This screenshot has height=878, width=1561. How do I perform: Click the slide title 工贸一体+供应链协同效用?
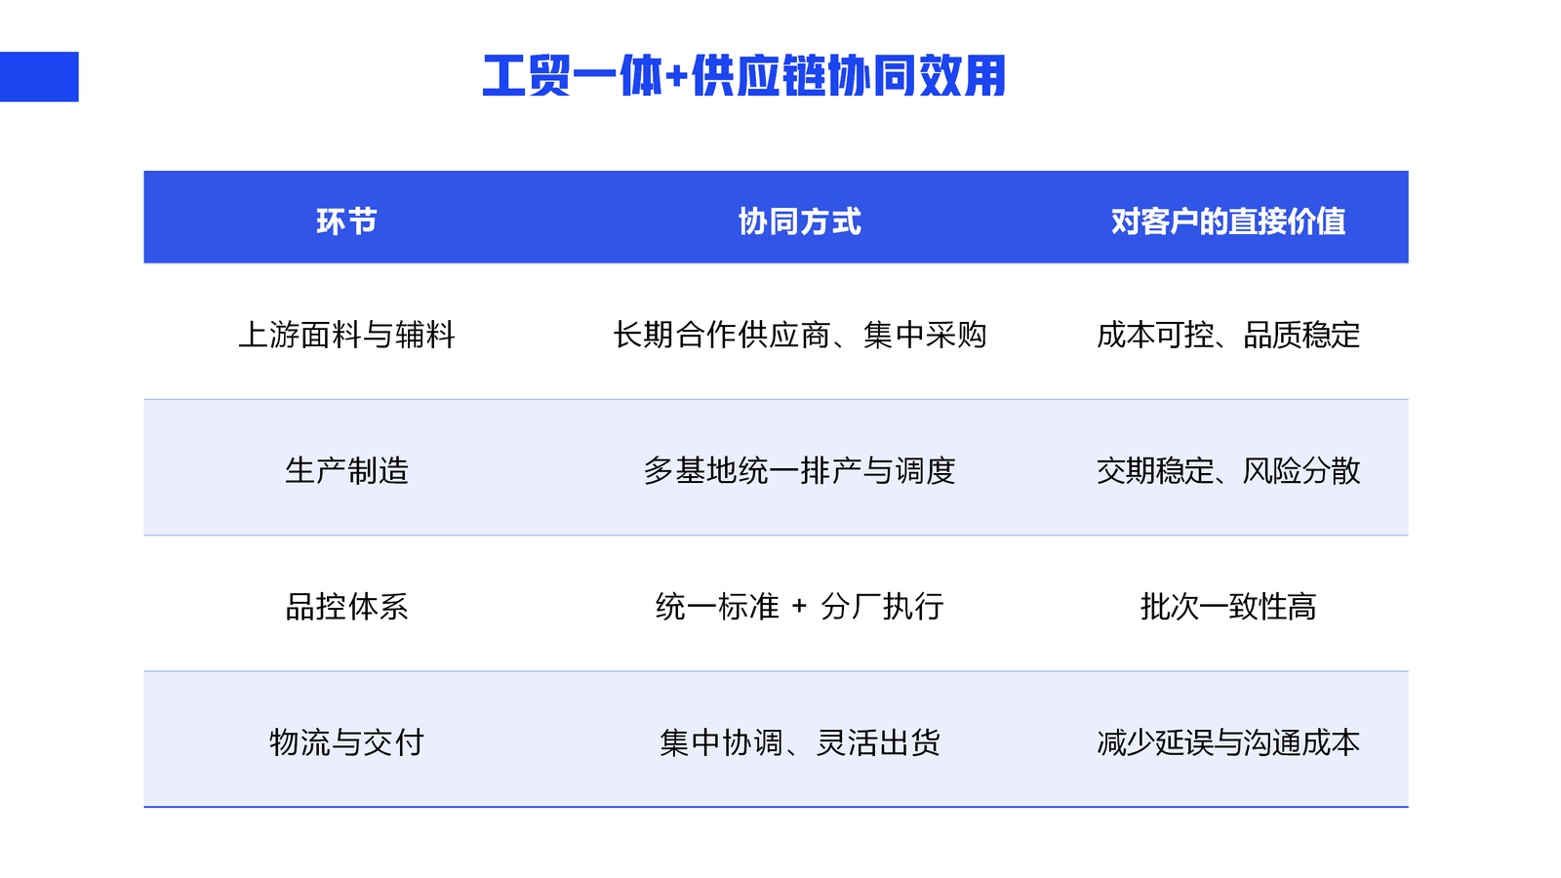tap(743, 76)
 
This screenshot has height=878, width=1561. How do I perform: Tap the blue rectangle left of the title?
tap(39, 77)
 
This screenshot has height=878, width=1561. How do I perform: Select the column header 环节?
tap(346, 221)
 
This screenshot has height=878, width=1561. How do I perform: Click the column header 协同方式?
tap(799, 221)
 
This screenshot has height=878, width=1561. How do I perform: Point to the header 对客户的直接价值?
tap(1228, 221)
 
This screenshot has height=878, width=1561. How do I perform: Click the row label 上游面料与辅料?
tap(346, 336)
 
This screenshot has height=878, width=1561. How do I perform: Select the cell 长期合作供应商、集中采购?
tap(799, 336)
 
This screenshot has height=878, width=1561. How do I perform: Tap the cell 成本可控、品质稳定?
tap(1228, 336)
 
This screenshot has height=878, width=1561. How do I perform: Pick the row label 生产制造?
tap(346, 471)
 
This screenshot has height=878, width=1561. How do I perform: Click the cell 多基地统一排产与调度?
tap(799, 471)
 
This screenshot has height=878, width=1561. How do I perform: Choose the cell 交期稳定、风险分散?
tap(1228, 471)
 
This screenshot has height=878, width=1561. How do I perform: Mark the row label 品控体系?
tap(346, 607)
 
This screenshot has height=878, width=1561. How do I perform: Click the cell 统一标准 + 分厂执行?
tap(799, 607)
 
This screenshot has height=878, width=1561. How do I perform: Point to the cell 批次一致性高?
tap(1228, 607)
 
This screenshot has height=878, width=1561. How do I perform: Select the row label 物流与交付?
tap(346, 742)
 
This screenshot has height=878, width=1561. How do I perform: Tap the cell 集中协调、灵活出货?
tap(799, 742)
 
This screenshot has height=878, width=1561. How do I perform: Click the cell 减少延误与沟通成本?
tap(1228, 742)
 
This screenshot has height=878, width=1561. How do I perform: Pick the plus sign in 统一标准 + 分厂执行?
tap(799, 606)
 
